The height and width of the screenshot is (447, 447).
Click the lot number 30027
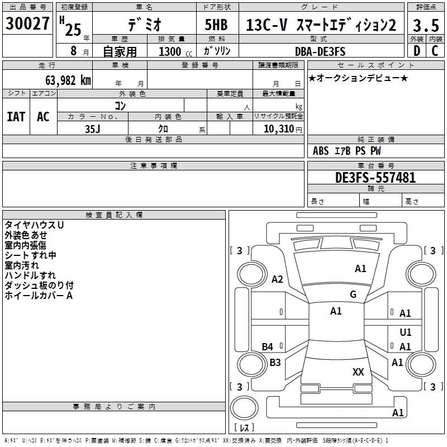pyautogui.click(x=27, y=24)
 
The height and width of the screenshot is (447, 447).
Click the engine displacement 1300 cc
pyautogui.click(x=173, y=51)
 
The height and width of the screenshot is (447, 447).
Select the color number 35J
pyautogui.click(x=92, y=129)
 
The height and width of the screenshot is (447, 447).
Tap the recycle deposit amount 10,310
pyautogui.click(x=278, y=129)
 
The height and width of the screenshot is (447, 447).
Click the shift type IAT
pyautogui.click(x=16, y=116)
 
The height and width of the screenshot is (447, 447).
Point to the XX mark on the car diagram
pyautogui.click(x=358, y=372)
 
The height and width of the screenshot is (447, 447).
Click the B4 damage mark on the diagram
pyautogui.click(x=268, y=347)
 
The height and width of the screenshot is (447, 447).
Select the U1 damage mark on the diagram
pyautogui.click(x=406, y=332)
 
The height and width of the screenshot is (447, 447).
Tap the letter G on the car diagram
pyautogui.click(x=353, y=294)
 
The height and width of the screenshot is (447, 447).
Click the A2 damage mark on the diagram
pyautogui.click(x=277, y=279)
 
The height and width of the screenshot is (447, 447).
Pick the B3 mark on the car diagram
pyautogui.click(x=275, y=362)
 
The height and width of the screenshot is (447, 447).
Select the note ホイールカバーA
pyautogui.click(x=39, y=295)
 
